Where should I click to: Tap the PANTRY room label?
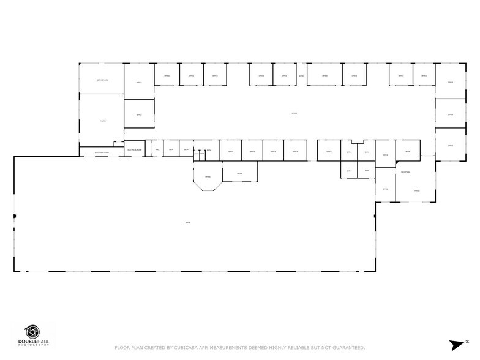click(102, 121)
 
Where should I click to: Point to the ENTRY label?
click(302, 76)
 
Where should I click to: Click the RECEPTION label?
click(405, 173)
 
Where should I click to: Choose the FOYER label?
click(416, 190)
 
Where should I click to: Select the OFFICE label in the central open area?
click(294, 113)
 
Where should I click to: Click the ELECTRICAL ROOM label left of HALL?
click(134, 150)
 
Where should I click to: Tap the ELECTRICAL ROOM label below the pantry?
click(102, 152)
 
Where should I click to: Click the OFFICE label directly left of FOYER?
click(385, 189)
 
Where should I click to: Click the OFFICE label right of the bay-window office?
click(239, 174)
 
